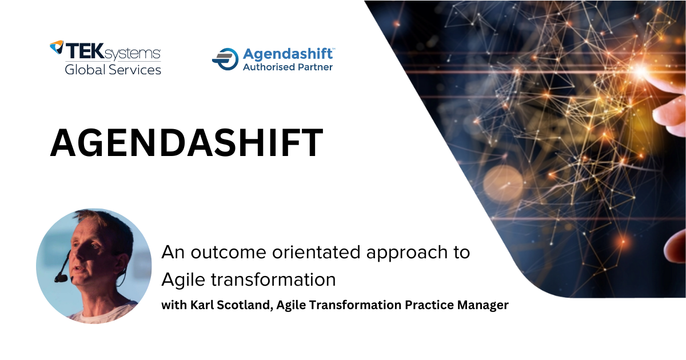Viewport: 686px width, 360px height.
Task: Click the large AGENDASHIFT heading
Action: (186, 143)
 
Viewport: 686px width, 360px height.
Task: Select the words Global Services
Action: (113, 70)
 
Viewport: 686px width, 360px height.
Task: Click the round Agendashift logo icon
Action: (225, 59)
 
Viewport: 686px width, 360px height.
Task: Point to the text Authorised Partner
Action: (288, 67)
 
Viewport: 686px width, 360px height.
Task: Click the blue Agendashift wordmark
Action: (288, 54)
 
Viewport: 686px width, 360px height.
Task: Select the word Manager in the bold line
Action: (483, 305)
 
